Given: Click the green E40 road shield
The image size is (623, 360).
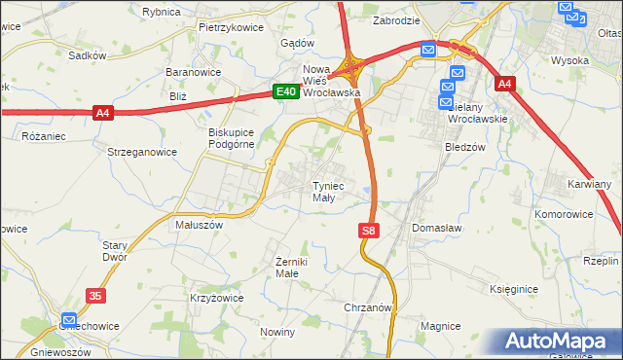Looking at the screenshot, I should [x=284, y=91].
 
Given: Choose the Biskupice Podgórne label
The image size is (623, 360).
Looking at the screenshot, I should [x=231, y=139].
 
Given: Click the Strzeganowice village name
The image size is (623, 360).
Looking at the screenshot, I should [x=142, y=152].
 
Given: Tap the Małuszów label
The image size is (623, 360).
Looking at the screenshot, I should [x=199, y=224].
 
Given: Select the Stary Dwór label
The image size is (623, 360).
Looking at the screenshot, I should [x=116, y=252].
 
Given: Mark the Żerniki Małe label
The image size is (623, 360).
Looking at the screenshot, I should [x=292, y=269].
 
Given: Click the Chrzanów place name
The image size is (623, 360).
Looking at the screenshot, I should [x=368, y=307].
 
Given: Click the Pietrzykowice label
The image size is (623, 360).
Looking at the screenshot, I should [x=232, y=27].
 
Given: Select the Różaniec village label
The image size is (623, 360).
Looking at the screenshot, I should [x=44, y=136].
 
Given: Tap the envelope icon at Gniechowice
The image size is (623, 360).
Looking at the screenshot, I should [x=69, y=319].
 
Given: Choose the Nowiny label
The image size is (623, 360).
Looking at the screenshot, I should [x=277, y=332].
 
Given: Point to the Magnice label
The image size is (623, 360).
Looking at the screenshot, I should [x=439, y=325].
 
